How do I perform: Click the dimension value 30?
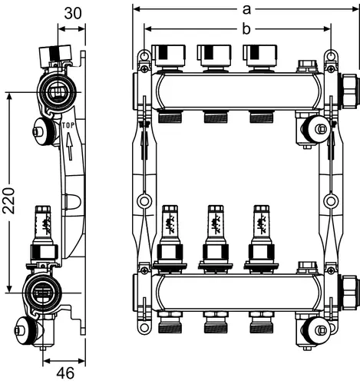(73, 13)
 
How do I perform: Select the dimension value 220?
(9, 200)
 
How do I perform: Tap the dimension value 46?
(65, 373)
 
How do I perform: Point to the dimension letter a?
(246, 10)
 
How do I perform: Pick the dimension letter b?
(246, 29)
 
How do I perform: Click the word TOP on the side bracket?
(68, 125)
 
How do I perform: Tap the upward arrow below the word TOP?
(69, 147)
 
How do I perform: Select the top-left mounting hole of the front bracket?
(144, 55)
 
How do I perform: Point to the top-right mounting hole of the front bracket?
(331, 55)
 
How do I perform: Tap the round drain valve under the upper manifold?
(314, 129)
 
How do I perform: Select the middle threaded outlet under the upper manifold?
(216, 117)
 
